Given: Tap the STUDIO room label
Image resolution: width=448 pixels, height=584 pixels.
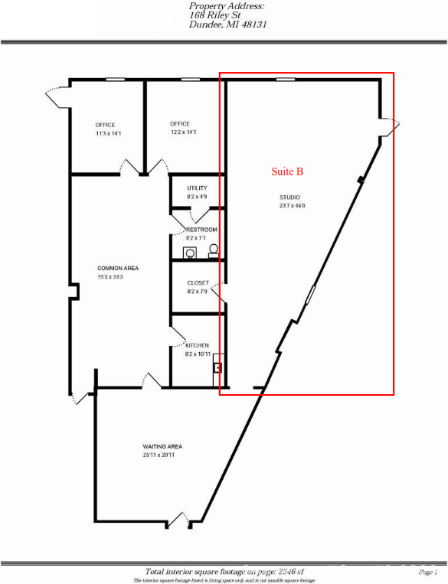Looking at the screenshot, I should pos(289,197).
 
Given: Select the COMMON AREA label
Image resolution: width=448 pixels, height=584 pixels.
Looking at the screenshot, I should pos(117,268).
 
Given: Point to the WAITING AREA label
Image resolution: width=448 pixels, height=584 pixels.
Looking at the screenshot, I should pos(162,446).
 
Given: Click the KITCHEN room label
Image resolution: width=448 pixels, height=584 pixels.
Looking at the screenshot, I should pos(198,345).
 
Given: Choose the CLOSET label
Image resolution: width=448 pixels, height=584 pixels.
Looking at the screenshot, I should pos(198,282).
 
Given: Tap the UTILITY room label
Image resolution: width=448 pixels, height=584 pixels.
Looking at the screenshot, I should pos(197,188).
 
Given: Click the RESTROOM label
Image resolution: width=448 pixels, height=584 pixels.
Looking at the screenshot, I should pos(201,230).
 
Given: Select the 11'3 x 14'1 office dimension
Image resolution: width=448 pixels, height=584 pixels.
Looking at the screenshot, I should pos(105,133).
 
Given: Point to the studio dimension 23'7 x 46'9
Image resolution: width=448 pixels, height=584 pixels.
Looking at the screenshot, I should pos(292,205).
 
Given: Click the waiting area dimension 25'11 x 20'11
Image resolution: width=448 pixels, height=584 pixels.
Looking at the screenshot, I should pos(162,455).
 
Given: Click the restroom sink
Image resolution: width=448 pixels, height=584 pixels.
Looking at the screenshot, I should pos(189,252).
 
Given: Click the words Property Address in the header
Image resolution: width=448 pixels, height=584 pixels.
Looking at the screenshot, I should pos(227,6).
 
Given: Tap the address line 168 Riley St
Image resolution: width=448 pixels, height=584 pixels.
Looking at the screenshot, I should pos(215,15).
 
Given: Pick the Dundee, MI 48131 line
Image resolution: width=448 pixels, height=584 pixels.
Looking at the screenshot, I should pos(227,24).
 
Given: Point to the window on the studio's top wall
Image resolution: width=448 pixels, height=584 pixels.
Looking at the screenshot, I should pos(286,79).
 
